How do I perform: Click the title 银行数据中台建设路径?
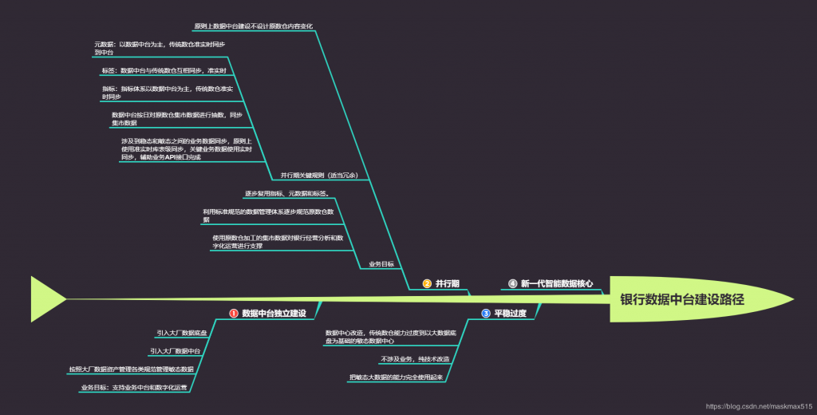(682, 300)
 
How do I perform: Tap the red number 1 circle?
(234, 314)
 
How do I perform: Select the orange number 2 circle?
(427, 283)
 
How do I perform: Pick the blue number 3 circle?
(485, 314)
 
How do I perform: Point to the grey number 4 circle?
(512, 283)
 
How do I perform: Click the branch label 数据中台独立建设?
(274, 314)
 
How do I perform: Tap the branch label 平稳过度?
(510, 314)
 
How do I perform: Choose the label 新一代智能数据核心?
(556, 283)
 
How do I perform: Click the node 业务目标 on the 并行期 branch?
(381, 263)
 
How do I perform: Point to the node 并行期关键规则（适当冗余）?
(318, 175)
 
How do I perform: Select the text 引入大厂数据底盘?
(182, 333)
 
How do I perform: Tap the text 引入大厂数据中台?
(175, 351)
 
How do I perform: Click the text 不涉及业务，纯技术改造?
(415, 359)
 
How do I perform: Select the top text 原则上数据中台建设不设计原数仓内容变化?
(253, 26)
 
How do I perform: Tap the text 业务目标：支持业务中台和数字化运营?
(133, 388)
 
